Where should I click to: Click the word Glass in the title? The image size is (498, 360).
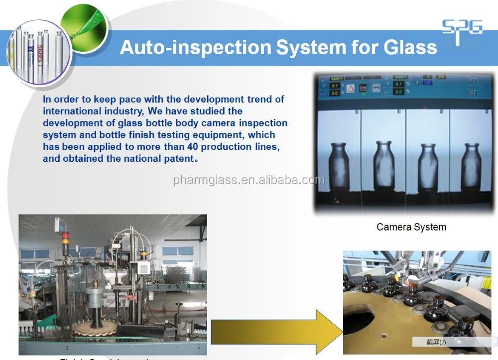click(410, 47)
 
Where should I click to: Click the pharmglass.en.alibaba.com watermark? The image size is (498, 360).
click(249, 180)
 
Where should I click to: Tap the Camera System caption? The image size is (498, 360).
click(411, 227)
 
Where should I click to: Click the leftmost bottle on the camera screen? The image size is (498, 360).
click(339, 165)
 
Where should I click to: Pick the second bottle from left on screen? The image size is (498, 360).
click(383, 164)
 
